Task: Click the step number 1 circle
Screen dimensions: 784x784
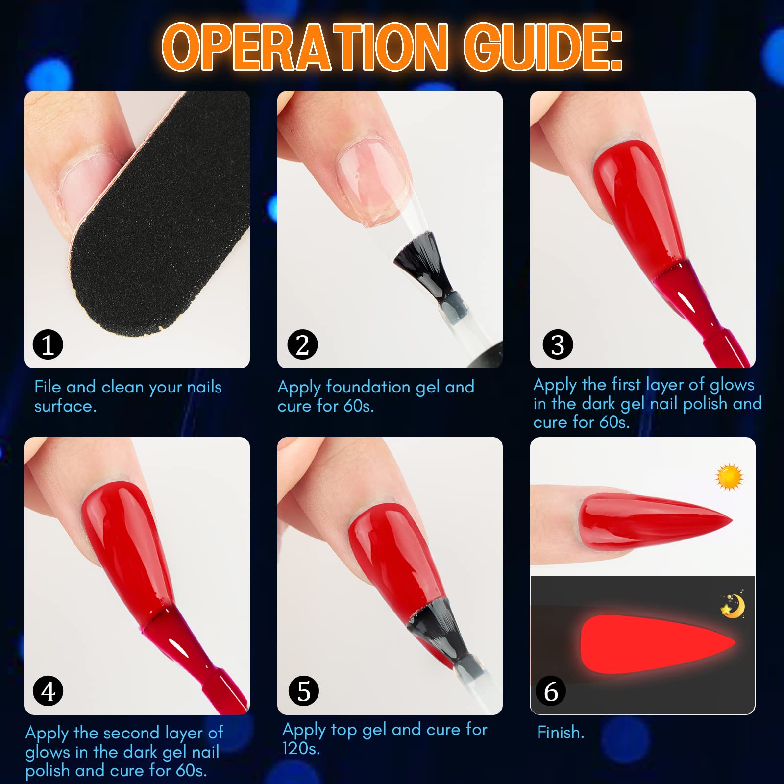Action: tap(48, 344)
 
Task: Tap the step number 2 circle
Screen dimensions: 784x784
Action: tap(302, 344)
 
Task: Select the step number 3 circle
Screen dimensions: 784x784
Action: tap(558, 344)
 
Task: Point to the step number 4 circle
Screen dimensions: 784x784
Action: tap(48, 691)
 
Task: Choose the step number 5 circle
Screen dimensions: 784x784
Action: tap(303, 691)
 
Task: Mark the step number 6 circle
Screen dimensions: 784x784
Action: tap(551, 691)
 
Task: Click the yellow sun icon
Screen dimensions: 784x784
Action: tap(729, 476)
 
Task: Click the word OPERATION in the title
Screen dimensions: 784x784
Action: tap(305, 48)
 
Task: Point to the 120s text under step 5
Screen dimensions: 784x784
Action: tap(301, 748)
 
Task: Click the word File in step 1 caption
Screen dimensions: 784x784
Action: tap(48, 387)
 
